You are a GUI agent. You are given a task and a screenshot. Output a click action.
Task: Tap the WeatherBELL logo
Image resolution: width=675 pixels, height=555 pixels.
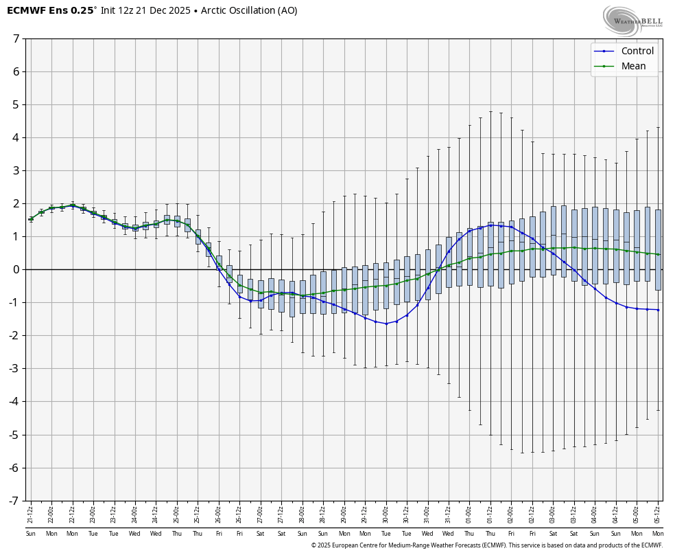pyautogui.click(x=633, y=20)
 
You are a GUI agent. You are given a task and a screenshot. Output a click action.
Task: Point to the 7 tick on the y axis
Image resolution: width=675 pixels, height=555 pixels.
pyautogui.click(x=16, y=38)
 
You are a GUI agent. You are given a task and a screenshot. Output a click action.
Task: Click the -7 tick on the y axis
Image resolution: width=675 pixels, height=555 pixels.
pyautogui.click(x=14, y=501)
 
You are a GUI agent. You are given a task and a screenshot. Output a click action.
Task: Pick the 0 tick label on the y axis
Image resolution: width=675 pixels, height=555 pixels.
pyautogui.click(x=16, y=269)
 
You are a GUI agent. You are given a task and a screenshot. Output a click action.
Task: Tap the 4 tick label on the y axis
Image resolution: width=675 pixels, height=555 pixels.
pyautogui.click(x=16, y=137)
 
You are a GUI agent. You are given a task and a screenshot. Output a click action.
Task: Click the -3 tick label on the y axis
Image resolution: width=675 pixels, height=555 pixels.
pyautogui.click(x=14, y=369)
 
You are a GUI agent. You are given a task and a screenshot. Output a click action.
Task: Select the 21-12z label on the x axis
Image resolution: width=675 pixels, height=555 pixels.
pyautogui.click(x=31, y=513)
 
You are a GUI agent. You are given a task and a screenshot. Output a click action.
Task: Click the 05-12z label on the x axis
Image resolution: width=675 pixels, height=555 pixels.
pyautogui.click(x=658, y=513)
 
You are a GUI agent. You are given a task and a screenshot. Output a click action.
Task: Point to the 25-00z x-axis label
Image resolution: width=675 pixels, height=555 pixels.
pyautogui.click(x=177, y=513)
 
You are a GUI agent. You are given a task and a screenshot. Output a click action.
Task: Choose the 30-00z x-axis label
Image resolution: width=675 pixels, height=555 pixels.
pyautogui.click(x=386, y=513)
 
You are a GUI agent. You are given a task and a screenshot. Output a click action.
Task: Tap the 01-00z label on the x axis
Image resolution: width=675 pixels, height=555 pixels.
pyautogui.click(x=470, y=513)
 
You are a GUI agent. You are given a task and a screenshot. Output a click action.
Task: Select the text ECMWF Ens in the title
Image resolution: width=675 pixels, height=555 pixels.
pyautogui.click(x=38, y=10)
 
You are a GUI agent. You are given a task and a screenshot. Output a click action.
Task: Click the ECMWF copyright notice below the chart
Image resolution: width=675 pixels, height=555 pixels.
pyautogui.click(x=486, y=545)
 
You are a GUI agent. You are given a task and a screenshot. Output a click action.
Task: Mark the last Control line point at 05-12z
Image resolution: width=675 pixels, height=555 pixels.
pyautogui.click(x=658, y=310)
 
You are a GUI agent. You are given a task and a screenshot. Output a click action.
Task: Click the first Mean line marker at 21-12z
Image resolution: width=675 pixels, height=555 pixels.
pyautogui.click(x=31, y=219)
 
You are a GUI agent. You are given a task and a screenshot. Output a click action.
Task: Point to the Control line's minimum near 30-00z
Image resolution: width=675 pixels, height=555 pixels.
pyautogui.click(x=386, y=324)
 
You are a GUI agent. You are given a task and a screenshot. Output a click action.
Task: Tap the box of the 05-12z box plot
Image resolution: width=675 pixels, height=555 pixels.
pyautogui.click(x=658, y=250)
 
